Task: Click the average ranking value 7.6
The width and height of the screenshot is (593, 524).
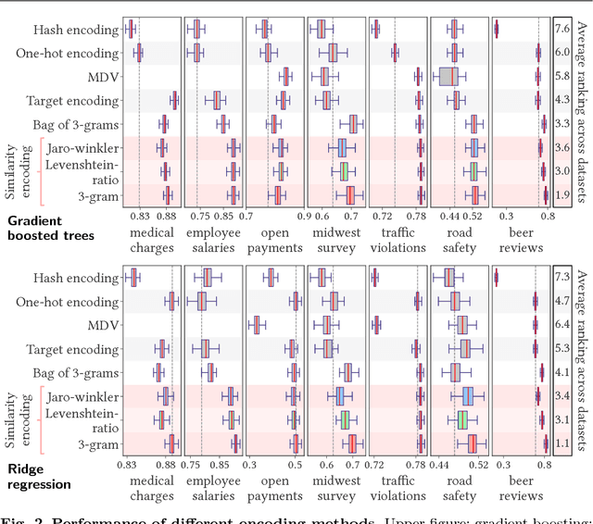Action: click(x=562, y=29)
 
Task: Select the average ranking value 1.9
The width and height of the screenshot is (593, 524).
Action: click(x=562, y=195)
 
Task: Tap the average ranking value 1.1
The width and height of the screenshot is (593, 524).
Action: click(x=562, y=443)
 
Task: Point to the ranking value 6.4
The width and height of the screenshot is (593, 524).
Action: click(x=562, y=324)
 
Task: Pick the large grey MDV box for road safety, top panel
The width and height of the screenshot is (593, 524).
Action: click(x=448, y=76)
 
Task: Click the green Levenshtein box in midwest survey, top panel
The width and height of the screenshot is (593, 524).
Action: click(x=343, y=171)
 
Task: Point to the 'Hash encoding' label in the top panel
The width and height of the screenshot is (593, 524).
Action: click(x=81, y=30)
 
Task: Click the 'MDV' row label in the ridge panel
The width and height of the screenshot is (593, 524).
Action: click(x=102, y=325)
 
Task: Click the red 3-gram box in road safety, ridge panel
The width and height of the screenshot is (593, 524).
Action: click(x=472, y=443)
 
